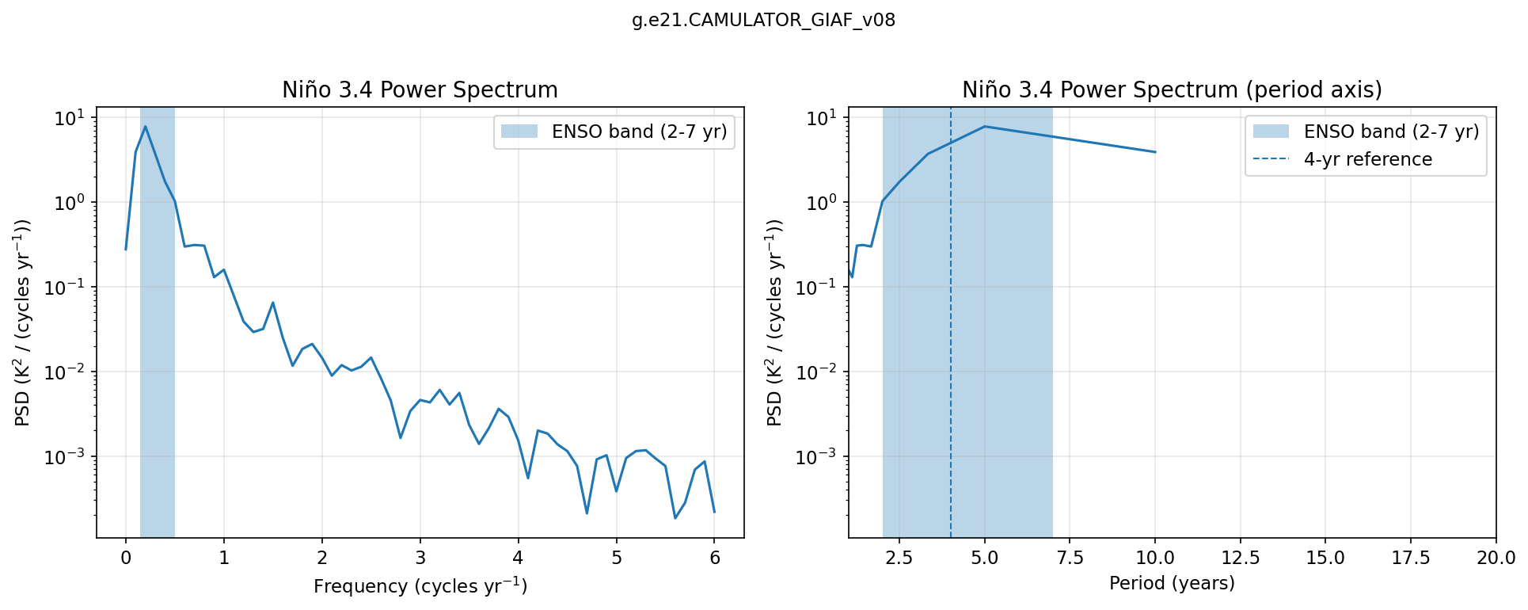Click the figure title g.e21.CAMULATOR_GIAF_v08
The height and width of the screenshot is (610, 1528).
763,21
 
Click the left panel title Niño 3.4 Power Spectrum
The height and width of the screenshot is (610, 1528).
420,90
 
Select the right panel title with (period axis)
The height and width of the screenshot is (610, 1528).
1172,90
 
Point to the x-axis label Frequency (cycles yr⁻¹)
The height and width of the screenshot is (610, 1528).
420,586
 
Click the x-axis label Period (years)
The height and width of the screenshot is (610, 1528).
1172,584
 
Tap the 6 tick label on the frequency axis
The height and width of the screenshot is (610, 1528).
715,558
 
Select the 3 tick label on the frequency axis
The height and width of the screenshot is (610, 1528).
420,558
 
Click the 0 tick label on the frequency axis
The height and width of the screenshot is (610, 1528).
126,558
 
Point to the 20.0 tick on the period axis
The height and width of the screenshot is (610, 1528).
1496,558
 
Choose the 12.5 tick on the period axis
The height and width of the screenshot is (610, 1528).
1240,558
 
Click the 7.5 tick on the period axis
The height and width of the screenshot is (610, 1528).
1070,558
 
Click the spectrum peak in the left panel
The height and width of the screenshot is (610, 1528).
145,127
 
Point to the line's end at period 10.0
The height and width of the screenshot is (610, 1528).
1155,152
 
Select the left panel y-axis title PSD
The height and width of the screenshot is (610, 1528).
24,322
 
